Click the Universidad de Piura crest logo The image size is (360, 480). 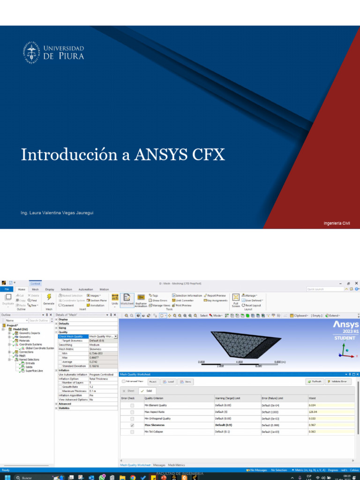(32, 52)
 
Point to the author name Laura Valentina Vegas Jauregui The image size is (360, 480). (57, 213)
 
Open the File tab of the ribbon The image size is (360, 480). (7, 290)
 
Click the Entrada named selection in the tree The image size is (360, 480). (30, 363)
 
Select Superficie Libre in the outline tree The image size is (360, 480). (35, 371)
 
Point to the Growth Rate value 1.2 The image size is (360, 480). (91, 387)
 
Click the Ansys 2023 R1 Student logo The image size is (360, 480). (345, 330)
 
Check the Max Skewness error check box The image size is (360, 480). (132, 425)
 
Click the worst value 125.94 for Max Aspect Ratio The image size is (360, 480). (313, 412)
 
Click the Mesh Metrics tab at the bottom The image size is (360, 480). (177, 465)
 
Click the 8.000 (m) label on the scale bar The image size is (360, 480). (280, 362)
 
